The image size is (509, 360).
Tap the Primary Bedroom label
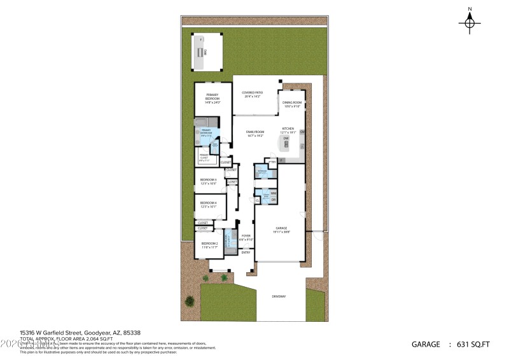[x=213, y=99]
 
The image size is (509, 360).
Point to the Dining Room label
[x=292, y=104]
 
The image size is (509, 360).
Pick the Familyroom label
[x=255, y=134]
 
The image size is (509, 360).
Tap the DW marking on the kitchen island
[x=286, y=138]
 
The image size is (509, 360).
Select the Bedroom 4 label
[x=209, y=204]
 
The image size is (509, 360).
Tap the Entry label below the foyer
[x=246, y=253]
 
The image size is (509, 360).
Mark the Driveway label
[x=279, y=296]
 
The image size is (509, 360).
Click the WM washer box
[x=273, y=193]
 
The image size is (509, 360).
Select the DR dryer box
[x=273, y=200]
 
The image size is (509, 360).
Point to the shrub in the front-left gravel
[x=189, y=301]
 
